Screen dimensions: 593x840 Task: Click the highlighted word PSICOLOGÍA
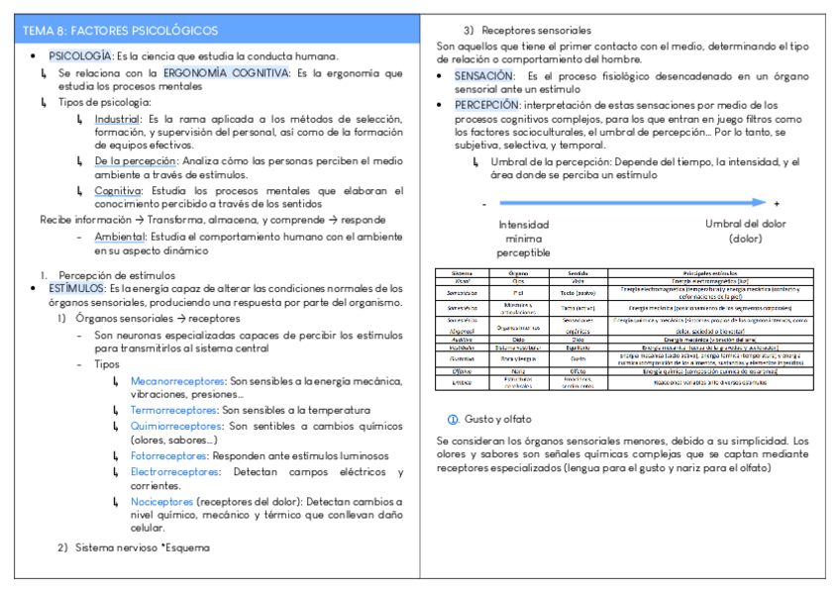point(79,56)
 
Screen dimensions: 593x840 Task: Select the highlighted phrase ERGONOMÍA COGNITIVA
point(226,73)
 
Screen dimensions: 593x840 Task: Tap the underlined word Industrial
point(117,119)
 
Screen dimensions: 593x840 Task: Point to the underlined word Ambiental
point(119,237)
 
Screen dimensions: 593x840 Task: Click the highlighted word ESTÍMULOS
point(77,288)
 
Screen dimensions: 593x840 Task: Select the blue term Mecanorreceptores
point(177,380)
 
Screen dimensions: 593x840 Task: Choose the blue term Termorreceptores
point(174,410)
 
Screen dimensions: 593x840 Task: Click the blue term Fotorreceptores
point(169,456)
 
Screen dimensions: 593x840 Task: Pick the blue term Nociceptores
point(161,502)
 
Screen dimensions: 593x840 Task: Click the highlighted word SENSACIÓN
point(484,75)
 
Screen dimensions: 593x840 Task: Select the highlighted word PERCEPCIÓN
point(486,104)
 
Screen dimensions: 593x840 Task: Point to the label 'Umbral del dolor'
point(745,224)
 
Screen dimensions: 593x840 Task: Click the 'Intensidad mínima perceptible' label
point(524,239)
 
